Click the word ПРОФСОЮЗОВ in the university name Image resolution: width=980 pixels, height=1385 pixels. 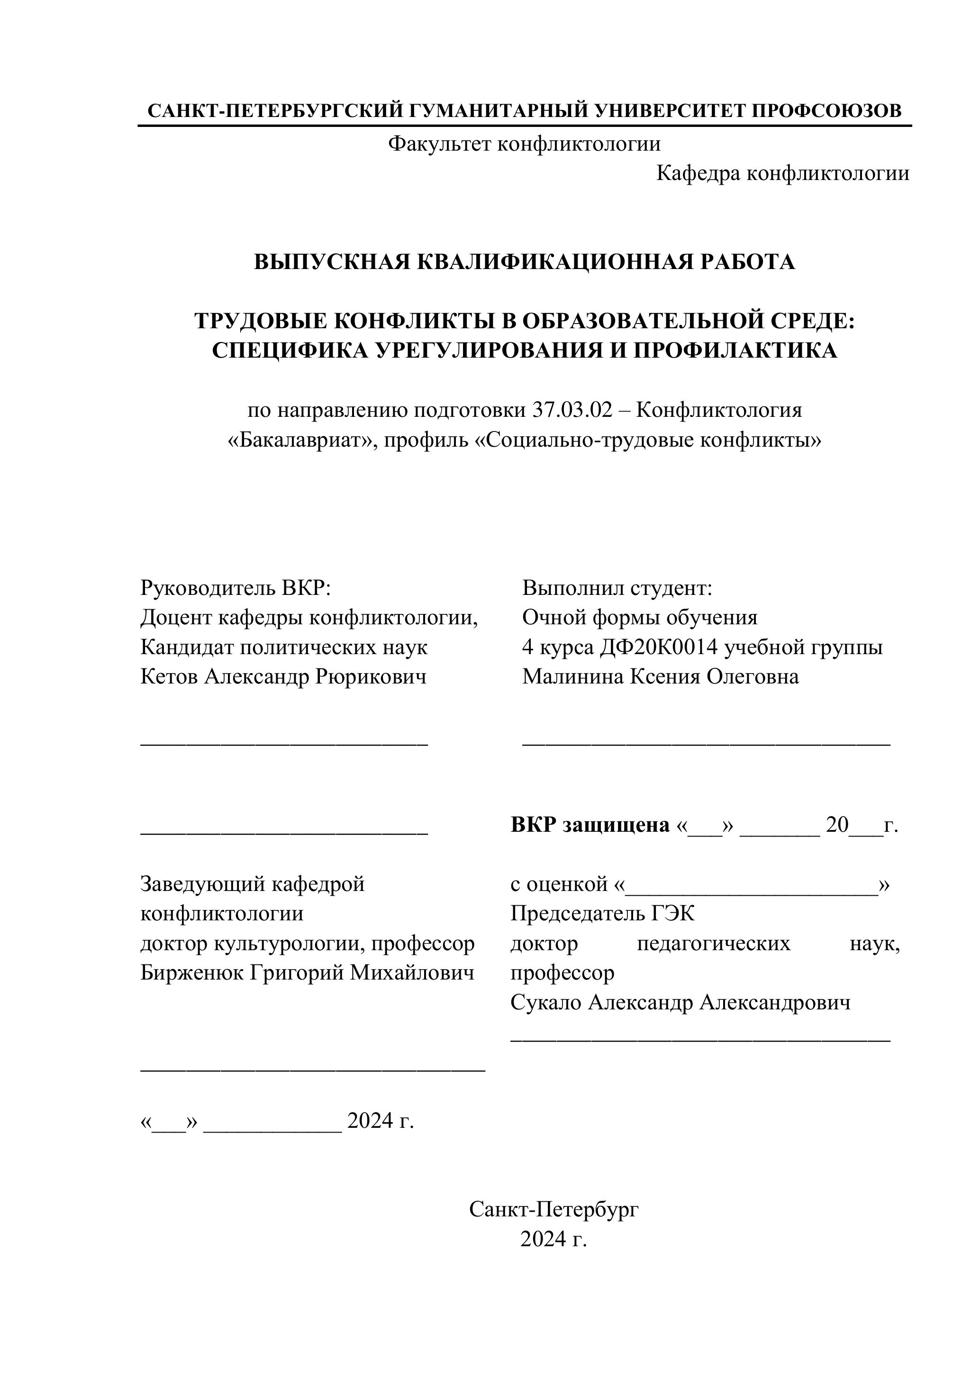[x=827, y=111]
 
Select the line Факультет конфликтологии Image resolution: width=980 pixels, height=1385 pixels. [x=524, y=144]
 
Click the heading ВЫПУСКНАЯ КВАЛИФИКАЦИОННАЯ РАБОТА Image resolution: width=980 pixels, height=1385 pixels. [x=524, y=262]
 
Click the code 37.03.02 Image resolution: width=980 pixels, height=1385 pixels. [x=572, y=410]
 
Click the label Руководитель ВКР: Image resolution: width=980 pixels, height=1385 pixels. [x=236, y=587]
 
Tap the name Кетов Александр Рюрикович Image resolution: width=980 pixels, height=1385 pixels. [x=283, y=677]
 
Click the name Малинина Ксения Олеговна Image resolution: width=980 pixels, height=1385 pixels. [x=660, y=677]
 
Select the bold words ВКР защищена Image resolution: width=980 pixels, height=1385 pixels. [x=590, y=825]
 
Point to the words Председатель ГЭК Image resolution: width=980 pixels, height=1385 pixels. [x=602, y=914]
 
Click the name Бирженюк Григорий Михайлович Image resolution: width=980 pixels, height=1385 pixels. [x=307, y=972]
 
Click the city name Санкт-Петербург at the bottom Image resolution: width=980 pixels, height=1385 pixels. [x=554, y=1209]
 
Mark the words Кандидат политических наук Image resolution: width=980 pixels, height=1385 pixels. [x=283, y=647]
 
